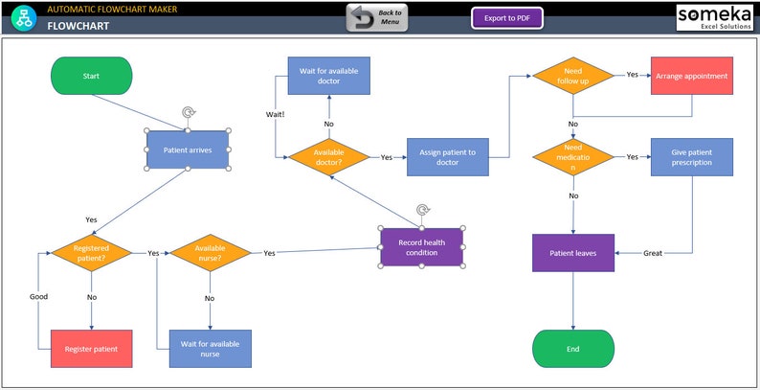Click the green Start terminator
(91, 76)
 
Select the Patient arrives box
(188, 149)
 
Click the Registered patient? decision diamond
(91, 253)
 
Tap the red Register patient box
(91, 349)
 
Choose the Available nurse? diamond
(210, 253)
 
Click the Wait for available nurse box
(210, 349)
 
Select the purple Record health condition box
(421, 246)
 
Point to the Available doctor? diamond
(328, 157)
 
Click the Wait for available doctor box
(328, 76)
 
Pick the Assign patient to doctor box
(447, 157)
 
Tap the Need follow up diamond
(572, 76)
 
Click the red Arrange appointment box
(691, 76)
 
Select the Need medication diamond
(572, 157)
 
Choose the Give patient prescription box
(691, 157)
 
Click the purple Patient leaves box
(572, 253)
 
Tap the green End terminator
(572, 349)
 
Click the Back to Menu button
(377, 18)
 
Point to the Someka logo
(715, 16)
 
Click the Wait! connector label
(275, 114)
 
